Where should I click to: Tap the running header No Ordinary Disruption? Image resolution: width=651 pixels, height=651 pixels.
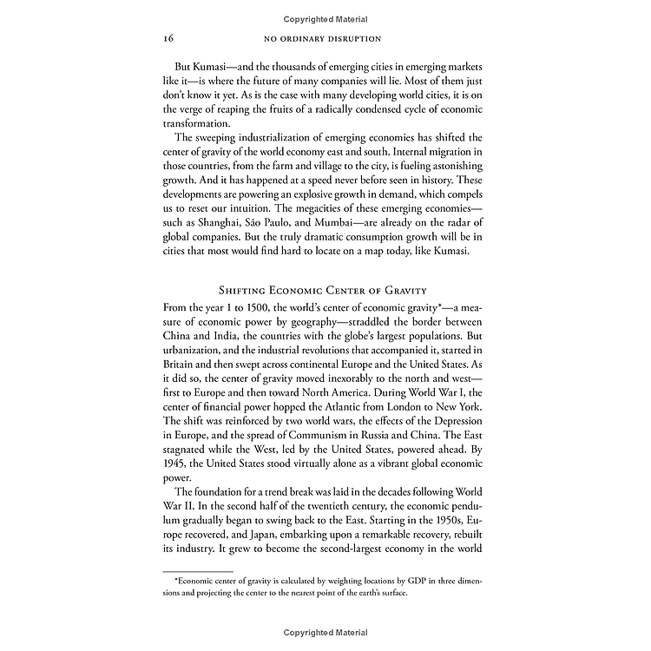coord(325,40)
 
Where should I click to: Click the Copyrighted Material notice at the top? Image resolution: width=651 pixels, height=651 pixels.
coord(325,18)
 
